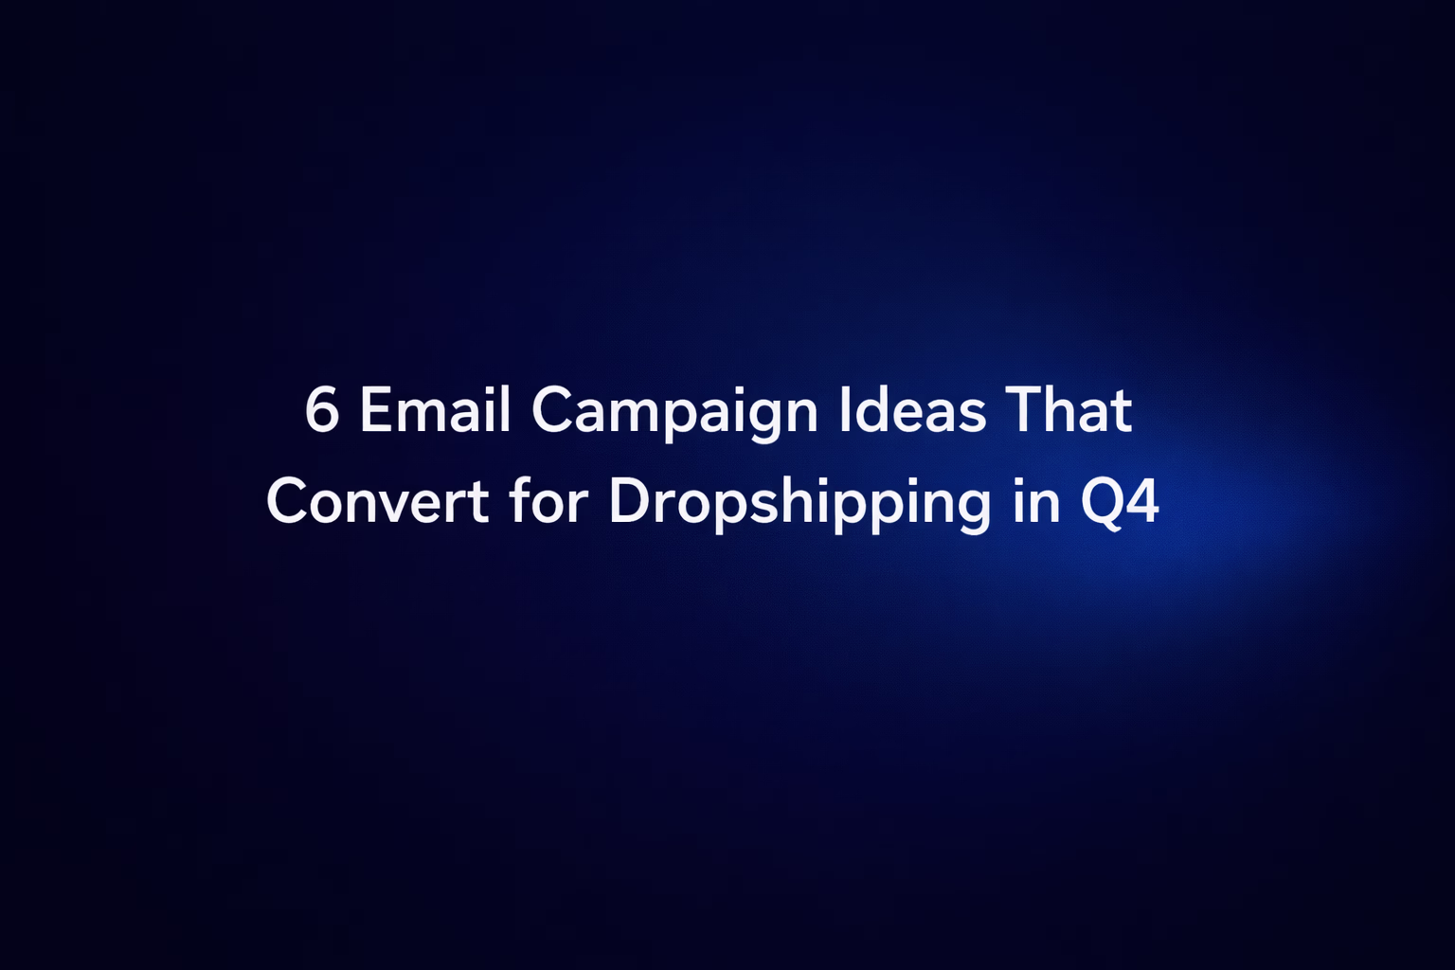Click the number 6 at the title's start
coord(322,411)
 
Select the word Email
coord(435,411)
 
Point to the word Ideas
coord(912,411)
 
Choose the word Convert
coord(377,502)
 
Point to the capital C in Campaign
coord(553,411)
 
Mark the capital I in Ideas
coord(845,411)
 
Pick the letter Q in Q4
coord(1103,502)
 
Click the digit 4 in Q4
coord(1144,502)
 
